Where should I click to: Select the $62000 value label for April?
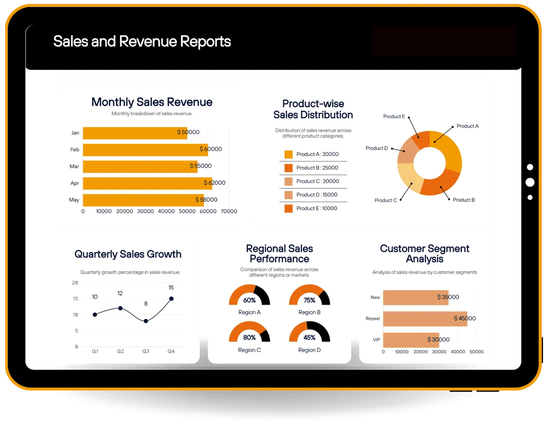coord(214,183)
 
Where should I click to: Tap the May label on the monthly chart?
coord(74,200)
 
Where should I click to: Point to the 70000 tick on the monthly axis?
coord(229,211)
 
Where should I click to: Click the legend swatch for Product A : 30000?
coord(288,154)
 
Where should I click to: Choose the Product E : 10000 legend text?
coord(317,208)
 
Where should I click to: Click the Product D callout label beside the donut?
coord(376,148)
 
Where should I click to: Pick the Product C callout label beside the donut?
coord(385,200)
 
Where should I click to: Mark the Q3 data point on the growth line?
coord(146,321)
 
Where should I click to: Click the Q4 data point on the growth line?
coord(171,299)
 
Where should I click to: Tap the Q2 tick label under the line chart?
coord(120,351)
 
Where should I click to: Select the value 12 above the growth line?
coord(120,293)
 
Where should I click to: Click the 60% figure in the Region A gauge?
coord(249,300)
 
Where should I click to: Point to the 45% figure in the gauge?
coord(309,338)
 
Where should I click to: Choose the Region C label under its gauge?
coord(249,350)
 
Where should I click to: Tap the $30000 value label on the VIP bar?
coord(438,340)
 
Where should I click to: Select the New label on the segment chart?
coord(375,298)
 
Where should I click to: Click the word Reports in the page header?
coord(205,42)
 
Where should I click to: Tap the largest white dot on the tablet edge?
coord(530,182)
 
